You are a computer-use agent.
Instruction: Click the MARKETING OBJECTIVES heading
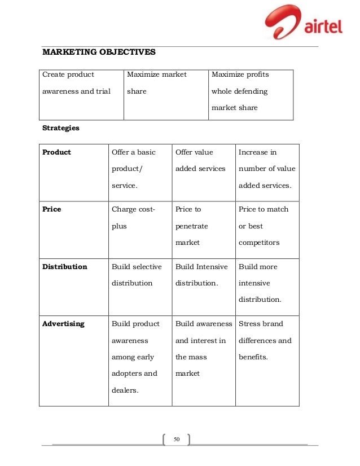tap(99, 53)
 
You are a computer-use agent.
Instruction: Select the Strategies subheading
tap(61, 128)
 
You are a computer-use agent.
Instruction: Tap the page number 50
tap(176, 439)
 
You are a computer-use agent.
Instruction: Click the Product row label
tap(57, 152)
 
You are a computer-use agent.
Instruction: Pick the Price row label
tap(52, 209)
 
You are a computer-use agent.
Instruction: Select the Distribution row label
tap(65, 266)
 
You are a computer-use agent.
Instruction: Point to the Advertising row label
tap(63, 324)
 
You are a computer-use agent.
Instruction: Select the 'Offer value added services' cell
tap(200, 160)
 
